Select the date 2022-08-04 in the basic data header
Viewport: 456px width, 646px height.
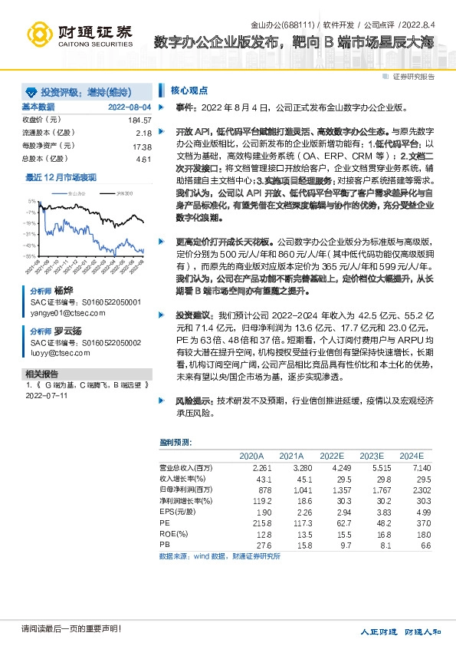pos(130,107)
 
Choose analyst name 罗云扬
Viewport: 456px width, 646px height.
pos(67,330)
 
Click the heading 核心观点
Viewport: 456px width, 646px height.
pos(189,90)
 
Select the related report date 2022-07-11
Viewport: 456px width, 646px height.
pos(47,396)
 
